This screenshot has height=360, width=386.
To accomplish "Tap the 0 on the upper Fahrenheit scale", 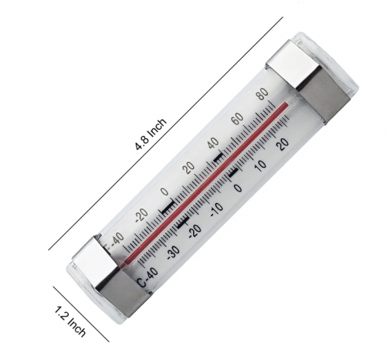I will click(163, 192).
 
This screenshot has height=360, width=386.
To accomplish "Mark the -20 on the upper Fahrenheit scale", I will click(139, 216).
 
